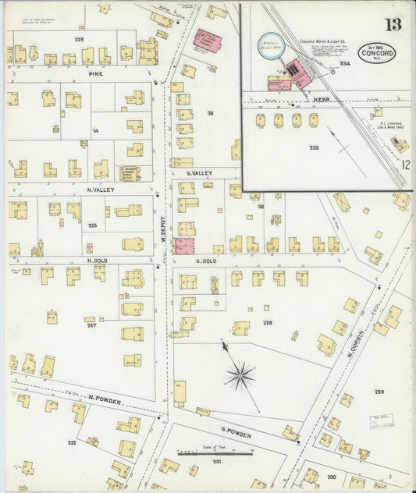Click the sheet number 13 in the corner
[392, 23]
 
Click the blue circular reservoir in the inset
[270, 47]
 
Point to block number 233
[314, 147]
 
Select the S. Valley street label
[200, 174]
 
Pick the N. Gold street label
[97, 260]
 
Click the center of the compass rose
[240, 375]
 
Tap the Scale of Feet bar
[213, 453]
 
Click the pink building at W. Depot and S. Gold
[185, 247]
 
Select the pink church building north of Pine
[207, 41]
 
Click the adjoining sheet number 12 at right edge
[406, 165]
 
